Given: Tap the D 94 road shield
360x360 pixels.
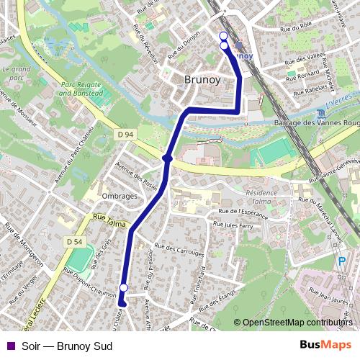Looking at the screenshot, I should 125,135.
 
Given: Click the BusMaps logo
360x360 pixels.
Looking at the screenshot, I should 325,346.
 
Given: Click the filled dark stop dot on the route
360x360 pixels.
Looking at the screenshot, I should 167,158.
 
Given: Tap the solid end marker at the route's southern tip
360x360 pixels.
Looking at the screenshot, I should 122,304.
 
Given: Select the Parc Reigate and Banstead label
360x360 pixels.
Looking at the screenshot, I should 88,89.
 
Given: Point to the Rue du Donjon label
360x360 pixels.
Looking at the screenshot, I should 183,49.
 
